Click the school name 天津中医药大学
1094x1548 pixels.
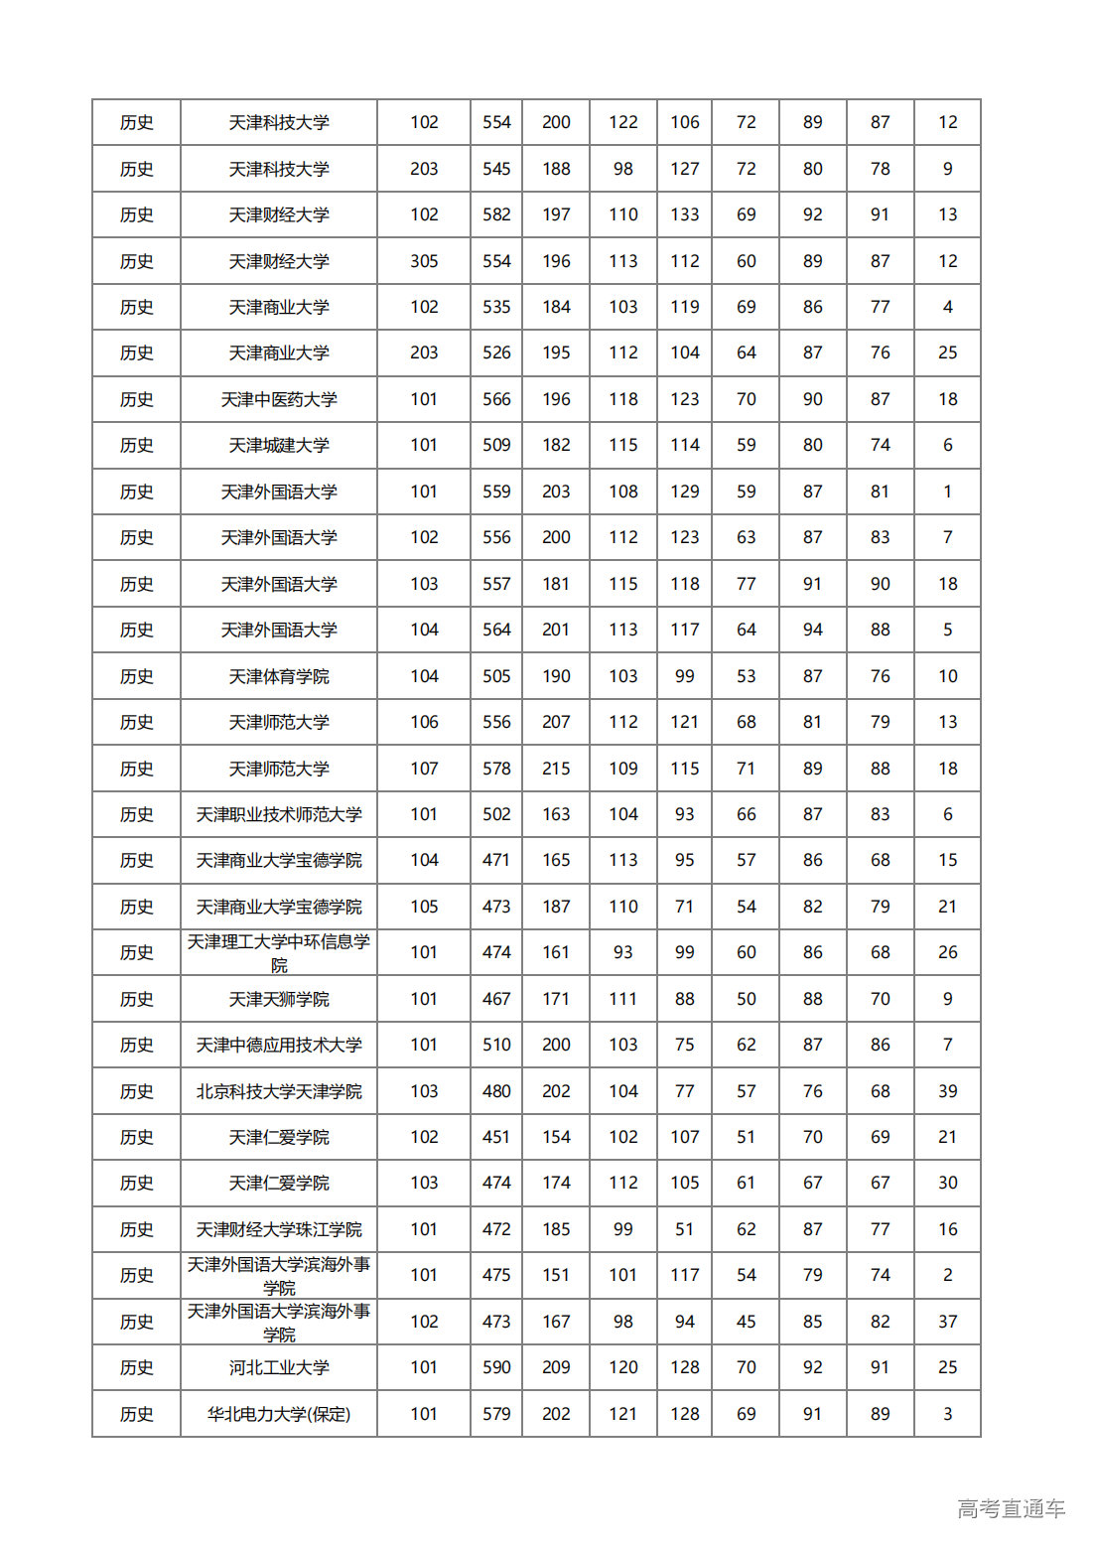[279, 399]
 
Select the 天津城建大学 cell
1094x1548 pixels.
[279, 445]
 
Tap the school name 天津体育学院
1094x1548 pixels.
[279, 676]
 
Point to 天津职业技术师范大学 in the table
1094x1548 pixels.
[279, 814]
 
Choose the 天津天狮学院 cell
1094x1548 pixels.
[279, 999]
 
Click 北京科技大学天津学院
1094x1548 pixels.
[279, 1091]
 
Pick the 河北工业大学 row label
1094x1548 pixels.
[279, 1367]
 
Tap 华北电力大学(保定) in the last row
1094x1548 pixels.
[279, 1414]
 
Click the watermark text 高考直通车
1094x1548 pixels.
[1011, 1509]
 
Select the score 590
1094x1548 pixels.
[496, 1367]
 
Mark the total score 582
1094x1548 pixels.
[496, 214]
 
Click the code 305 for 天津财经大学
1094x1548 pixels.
[424, 261]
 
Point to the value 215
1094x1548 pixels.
[556, 769]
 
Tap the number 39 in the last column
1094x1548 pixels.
[947, 1091]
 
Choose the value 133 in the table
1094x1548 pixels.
[684, 214]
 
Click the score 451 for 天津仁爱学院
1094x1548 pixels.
[496, 1137]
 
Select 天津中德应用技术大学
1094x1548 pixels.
[279, 1045]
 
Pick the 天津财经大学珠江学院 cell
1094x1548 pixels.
[279, 1229]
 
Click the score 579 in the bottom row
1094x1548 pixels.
[496, 1414]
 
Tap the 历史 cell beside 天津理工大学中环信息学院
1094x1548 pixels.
[136, 952]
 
